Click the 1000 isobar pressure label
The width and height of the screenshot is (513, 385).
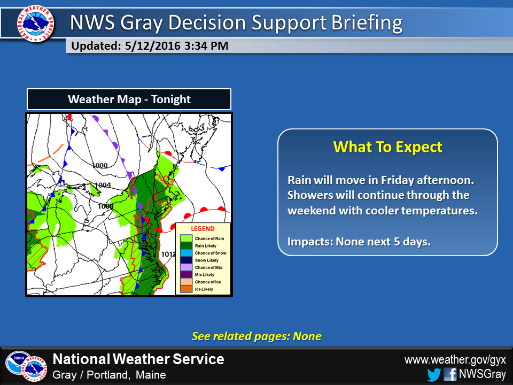[x=99, y=166]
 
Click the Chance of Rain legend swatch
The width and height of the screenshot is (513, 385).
[x=186, y=238]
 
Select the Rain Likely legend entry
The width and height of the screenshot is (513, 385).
[x=186, y=245]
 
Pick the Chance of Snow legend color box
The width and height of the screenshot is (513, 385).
[x=186, y=253]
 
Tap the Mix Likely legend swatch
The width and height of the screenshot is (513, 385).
[x=186, y=274]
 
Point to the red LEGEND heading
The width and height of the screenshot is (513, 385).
[x=203, y=229]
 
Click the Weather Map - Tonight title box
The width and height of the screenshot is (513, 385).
[x=129, y=99]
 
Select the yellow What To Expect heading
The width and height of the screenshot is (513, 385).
[x=387, y=147]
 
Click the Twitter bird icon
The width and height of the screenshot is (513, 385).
[x=434, y=374]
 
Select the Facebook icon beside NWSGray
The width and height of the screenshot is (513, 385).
[x=450, y=374]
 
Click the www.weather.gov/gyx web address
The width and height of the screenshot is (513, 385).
[x=455, y=359]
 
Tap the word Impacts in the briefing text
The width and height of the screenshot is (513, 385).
[x=309, y=241]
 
